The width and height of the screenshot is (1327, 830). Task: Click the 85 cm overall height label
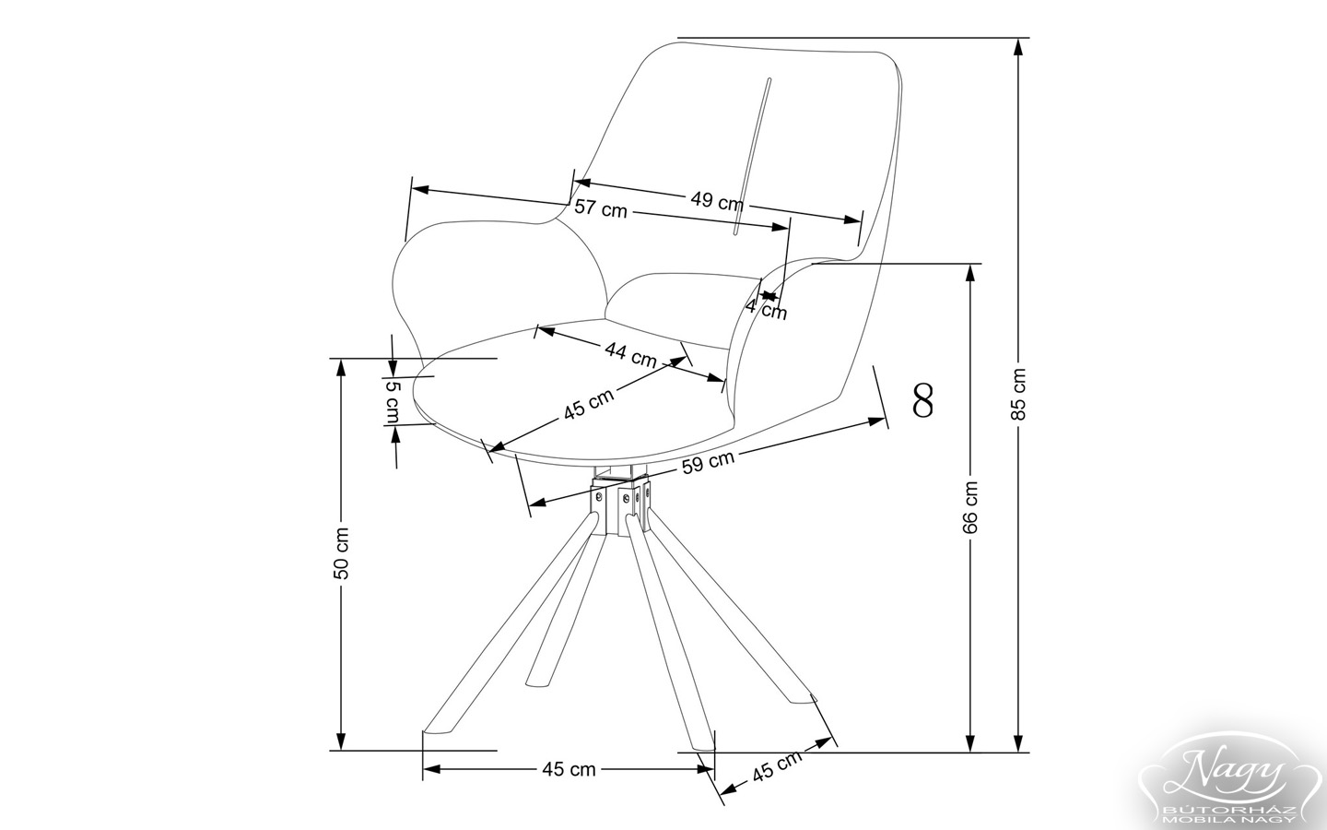tap(1018, 394)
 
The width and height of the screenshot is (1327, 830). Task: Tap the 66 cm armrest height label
tap(969, 506)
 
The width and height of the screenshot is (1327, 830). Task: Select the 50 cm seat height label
tap(341, 552)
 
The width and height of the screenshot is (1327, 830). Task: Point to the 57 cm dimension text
tap(600, 209)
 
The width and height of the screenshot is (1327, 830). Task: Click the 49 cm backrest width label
tap(717, 200)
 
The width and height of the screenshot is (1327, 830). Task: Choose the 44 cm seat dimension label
tap(630, 353)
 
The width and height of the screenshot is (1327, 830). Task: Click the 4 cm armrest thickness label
tap(767, 309)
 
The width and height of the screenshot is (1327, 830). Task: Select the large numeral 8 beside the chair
tap(922, 399)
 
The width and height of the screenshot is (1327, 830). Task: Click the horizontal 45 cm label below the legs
tap(569, 768)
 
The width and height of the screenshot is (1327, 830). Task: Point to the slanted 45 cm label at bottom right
tap(776, 767)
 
